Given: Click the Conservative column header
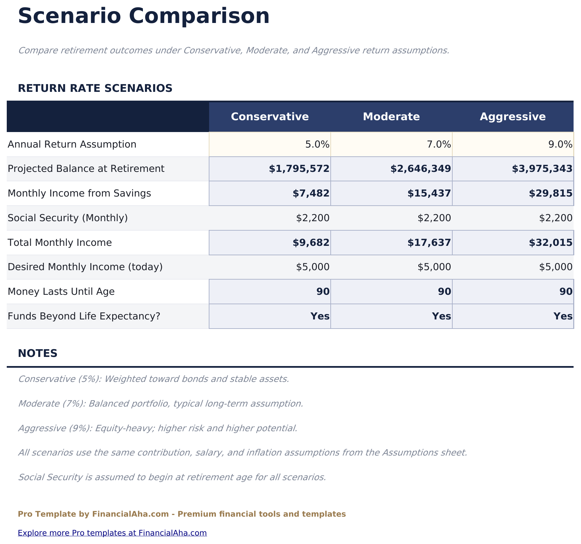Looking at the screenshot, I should coord(270,117).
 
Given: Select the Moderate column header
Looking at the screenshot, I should coord(391,117).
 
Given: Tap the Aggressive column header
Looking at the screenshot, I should coord(512,117).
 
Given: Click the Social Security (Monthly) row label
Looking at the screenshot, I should coord(68,218).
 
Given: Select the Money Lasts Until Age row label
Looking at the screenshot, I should coord(61,291).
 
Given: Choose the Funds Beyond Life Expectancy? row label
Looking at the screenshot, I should coord(83,316).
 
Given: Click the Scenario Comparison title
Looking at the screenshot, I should coord(144,16).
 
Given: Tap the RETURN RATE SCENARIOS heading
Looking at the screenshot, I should coord(95,88).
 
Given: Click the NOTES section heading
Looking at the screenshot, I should coord(37,354).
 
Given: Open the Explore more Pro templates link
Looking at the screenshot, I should coord(112,533).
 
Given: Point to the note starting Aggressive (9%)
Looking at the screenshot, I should coord(157,429).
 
